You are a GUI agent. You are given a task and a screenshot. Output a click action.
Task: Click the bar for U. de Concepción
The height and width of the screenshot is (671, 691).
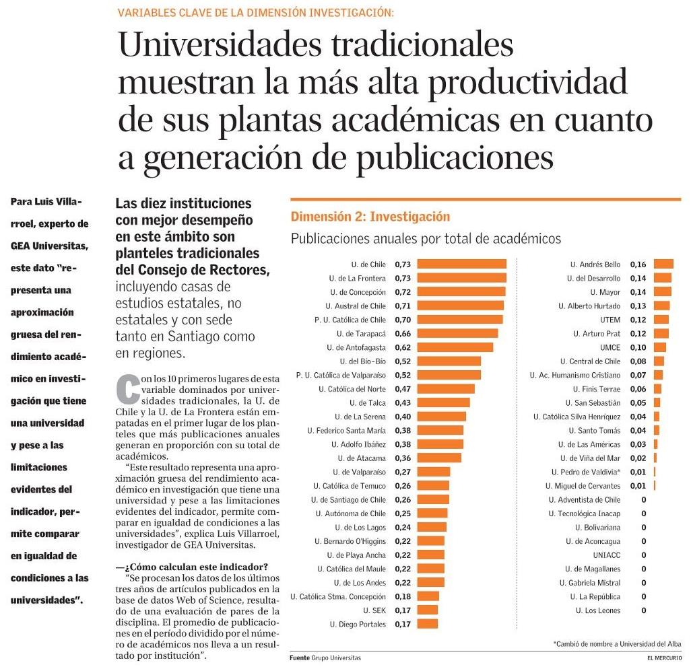[x=461, y=292]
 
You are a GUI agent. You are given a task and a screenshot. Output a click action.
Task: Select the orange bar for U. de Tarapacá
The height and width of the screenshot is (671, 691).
[x=457, y=333]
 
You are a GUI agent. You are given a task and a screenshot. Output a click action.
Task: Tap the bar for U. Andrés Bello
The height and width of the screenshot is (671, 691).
[x=663, y=264]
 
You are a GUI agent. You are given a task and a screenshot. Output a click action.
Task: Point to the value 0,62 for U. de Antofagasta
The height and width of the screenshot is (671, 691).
[x=403, y=347]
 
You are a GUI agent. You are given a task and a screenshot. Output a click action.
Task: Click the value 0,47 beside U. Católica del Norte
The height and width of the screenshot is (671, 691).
[x=403, y=389]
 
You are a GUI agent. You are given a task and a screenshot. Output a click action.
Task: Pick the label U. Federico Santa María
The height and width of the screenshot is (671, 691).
[x=346, y=430]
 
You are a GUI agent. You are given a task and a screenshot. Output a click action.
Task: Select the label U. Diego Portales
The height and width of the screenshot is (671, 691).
[x=358, y=625]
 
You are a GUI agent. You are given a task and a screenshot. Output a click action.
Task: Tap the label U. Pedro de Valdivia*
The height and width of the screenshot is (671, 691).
[x=586, y=472]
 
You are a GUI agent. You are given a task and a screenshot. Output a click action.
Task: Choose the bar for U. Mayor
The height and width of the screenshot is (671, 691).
[x=663, y=292]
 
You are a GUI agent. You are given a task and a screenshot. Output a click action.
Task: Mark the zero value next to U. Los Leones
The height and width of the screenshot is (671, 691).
[x=644, y=610]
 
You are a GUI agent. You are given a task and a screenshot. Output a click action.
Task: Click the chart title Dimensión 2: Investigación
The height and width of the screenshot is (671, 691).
[x=370, y=217]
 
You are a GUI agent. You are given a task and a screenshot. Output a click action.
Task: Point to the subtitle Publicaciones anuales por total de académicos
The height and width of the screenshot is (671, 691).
[x=425, y=238]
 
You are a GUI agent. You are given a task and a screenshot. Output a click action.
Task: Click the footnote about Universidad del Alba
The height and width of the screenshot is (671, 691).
[x=617, y=644]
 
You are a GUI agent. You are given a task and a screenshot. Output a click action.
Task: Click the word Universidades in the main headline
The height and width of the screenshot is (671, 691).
[x=226, y=45]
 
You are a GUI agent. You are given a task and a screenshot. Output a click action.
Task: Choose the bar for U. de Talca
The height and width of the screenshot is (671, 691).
[x=443, y=402]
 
